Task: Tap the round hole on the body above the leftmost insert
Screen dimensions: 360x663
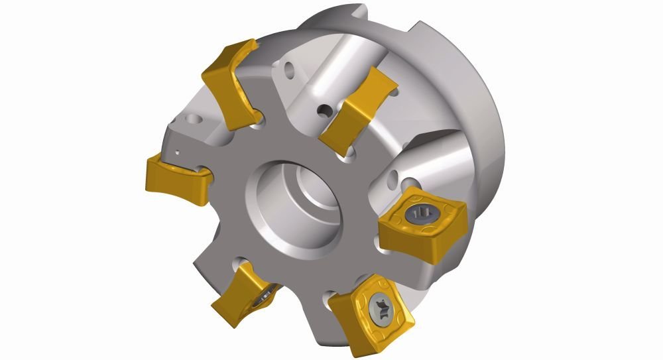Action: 194,120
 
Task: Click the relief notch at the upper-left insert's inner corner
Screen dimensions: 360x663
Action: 257,118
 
